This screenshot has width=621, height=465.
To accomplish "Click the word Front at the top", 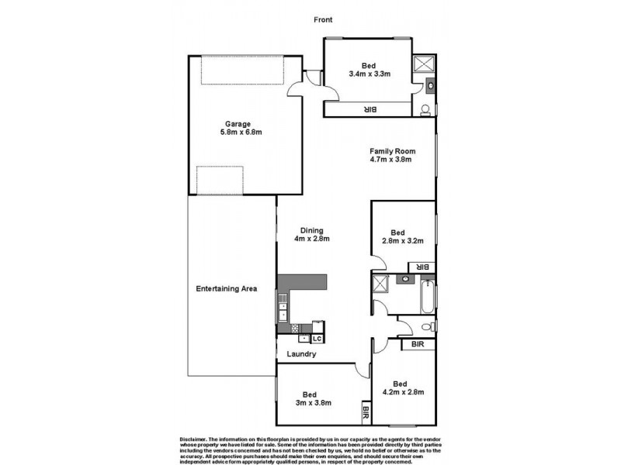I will point(323,19).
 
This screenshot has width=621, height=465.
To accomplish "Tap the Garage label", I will point(238,123).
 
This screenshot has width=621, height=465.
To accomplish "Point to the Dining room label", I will point(312,229).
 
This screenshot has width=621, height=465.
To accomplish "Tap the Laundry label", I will point(301,354).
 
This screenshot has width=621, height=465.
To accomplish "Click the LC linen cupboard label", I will point(317,339).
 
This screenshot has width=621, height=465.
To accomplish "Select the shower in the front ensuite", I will point(424,64).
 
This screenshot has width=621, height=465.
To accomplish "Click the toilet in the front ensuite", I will point(426,109).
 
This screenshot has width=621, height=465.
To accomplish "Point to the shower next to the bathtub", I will point(380,284).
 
